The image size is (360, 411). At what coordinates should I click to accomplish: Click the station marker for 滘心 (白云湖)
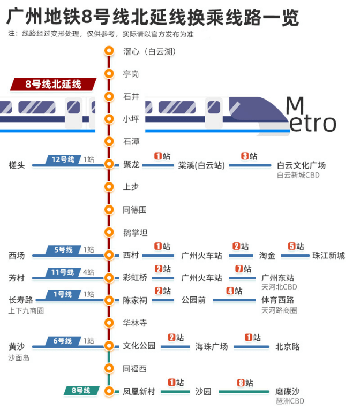pyautogui.click(x=109, y=51)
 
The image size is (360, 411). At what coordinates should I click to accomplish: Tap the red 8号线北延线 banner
pyautogui.click(x=53, y=84)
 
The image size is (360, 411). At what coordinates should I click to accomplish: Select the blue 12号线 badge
pyautogui.click(x=63, y=159)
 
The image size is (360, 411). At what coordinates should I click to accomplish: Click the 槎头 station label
pyautogui.click(x=17, y=165)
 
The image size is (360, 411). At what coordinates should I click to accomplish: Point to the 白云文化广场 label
pyautogui.click(x=301, y=165)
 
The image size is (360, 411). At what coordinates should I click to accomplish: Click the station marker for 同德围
pyautogui.click(x=109, y=209)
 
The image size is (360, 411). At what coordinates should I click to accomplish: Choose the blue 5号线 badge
pyautogui.click(x=63, y=250)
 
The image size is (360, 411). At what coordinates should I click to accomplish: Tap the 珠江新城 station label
pyautogui.click(x=329, y=255)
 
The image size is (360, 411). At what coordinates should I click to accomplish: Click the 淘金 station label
pyautogui.click(x=267, y=255)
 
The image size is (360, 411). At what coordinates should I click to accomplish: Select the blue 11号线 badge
pyautogui.click(x=63, y=272)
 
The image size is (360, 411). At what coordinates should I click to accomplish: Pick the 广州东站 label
pyautogui.click(x=277, y=278)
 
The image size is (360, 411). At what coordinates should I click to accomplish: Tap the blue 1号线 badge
pyautogui.click(x=63, y=294)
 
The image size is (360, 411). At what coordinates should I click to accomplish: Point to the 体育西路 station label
pyautogui.click(x=277, y=300)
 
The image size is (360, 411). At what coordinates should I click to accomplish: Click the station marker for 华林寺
pyautogui.click(x=109, y=323)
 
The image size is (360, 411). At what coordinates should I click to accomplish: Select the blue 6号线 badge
pyautogui.click(x=63, y=341)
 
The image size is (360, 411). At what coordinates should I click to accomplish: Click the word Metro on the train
pyautogui.click(x=311, y=115)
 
